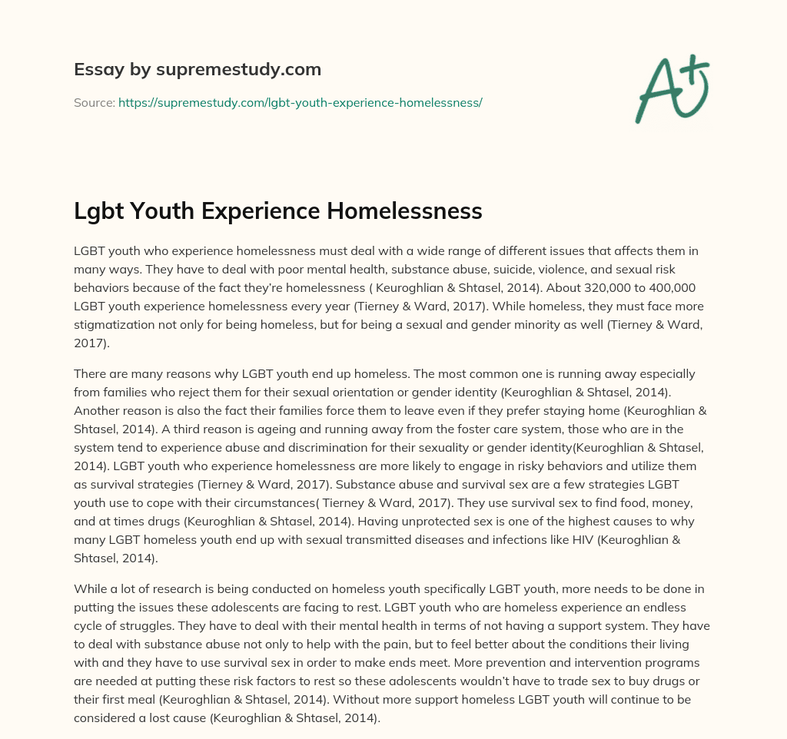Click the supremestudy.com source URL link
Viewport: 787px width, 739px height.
point(300,102)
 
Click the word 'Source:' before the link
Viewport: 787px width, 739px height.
point(95,102)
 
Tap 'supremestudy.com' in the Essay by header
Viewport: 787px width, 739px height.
point(239,70)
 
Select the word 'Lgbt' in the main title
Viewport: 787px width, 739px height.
point(98,211)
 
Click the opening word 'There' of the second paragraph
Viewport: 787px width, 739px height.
point(90,374)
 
